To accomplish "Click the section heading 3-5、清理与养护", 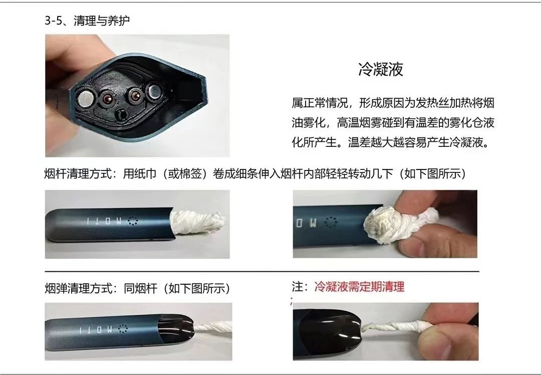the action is (87, 21).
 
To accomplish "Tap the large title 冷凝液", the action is (381, 69).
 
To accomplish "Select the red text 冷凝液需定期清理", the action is (359, 287).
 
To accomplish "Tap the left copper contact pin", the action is (106, 98).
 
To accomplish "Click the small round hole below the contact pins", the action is (121, 114).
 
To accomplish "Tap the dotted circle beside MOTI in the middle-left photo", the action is (132, 221).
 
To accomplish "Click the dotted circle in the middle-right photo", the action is (331, 223).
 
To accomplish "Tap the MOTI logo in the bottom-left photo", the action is (96, 329).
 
